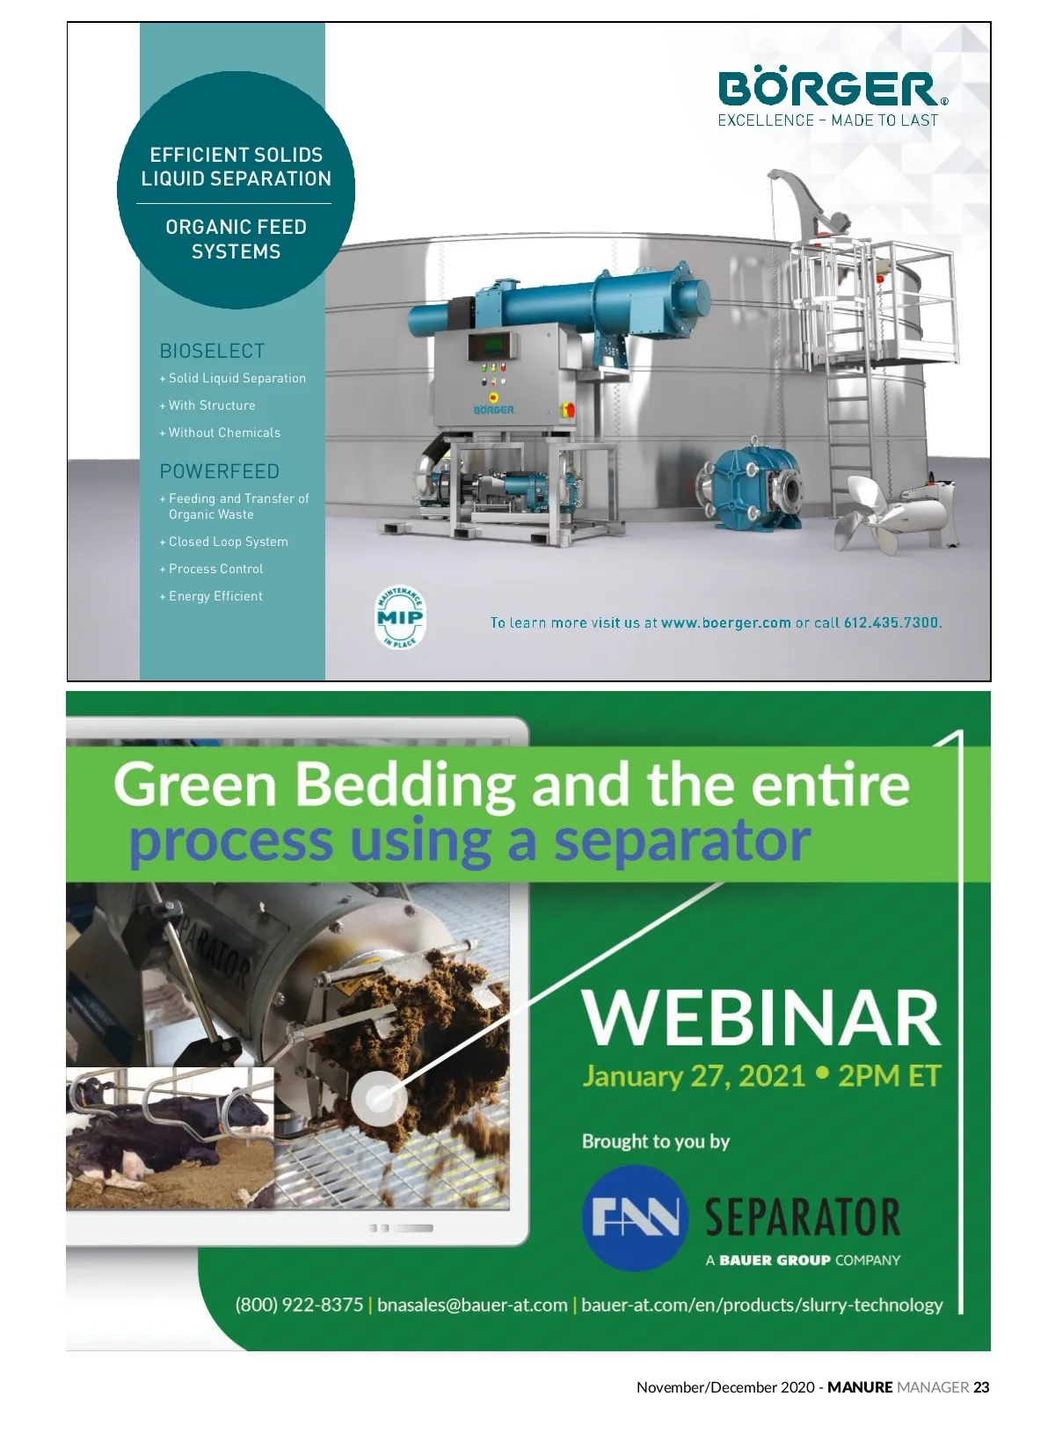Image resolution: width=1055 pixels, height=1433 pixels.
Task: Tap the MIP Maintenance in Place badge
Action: coord(400,617)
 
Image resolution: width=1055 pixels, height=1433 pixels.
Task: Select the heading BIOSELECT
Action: coord(212,351)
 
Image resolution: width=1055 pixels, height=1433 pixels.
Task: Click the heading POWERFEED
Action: coord(220,471)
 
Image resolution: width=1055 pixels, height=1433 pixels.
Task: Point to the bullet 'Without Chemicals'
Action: coord(220,433)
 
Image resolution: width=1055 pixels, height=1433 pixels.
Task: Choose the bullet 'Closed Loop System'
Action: coord(224,542)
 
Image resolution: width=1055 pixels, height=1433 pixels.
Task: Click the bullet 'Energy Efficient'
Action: coord(211,595)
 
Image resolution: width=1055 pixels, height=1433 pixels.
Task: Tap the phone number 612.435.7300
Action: coord(891,622)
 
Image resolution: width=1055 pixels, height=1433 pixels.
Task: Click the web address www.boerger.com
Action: coord(725,622)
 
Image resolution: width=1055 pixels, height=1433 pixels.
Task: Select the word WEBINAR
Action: coord(761,1018)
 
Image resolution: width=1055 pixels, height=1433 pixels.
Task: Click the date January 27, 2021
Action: coord(693,1076)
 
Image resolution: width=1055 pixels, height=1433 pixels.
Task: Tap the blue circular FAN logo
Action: coord(635,1218)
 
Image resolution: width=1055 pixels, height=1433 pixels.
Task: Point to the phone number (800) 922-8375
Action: coord(299,1305)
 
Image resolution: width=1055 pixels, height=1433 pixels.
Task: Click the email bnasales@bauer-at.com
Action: coord(472,1305)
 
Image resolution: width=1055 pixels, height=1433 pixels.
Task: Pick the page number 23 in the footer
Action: coord(981,1387)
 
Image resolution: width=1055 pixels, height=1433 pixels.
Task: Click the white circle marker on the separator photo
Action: coord(379,1098)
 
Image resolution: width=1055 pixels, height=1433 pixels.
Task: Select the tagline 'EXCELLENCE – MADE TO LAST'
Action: coord(828,120)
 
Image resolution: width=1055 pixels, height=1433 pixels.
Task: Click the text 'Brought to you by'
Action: coord(656,1141)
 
